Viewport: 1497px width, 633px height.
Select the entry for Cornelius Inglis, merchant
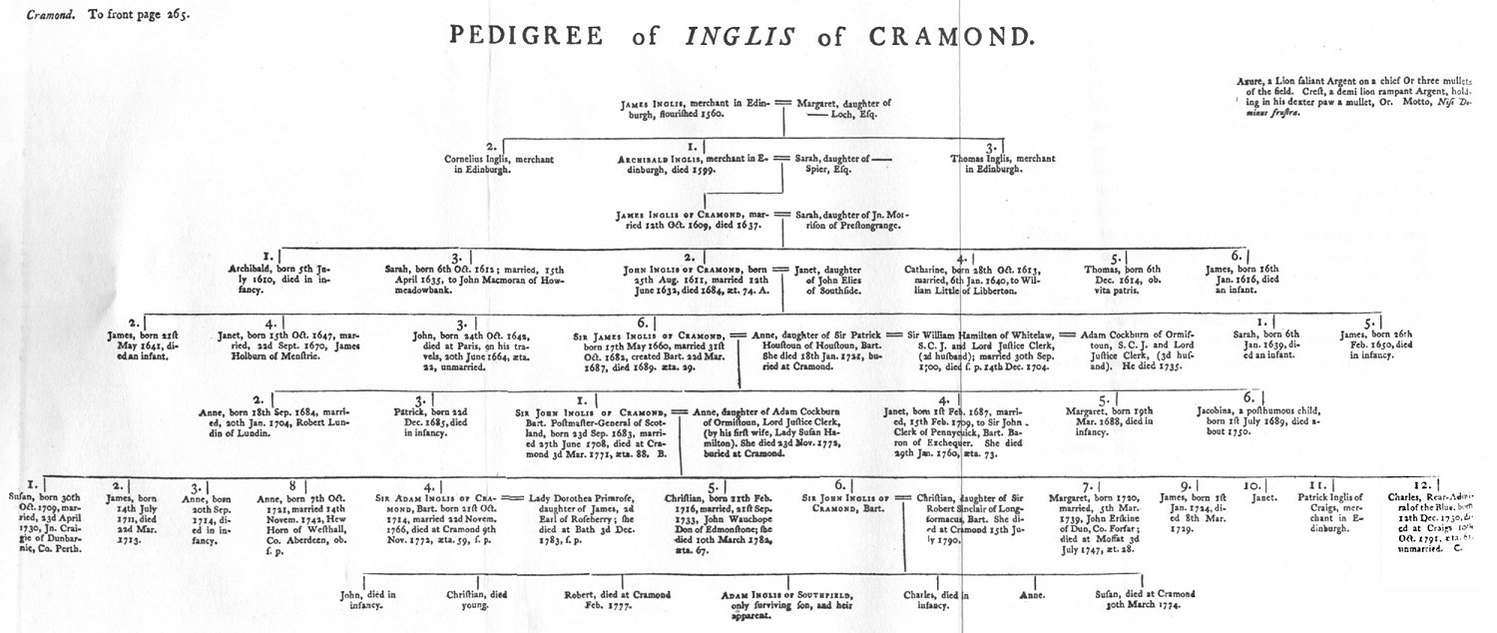[x=490, y=164]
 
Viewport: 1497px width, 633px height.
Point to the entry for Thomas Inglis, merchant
[x=987, y=164]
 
